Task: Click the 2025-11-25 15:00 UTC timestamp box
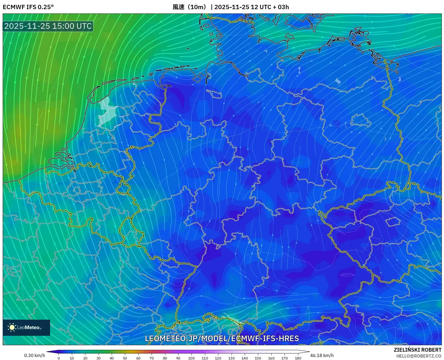click(x=48, y=26)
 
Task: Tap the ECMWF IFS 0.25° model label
click(x=28, y=7)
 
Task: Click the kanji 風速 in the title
click(x=179, y=7)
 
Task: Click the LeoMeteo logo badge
click(x=26, y=327)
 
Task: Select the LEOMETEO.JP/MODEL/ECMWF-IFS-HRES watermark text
click(x=222, y=338)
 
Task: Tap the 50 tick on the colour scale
click(x=125, y=358)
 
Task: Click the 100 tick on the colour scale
click(x=191, y=358)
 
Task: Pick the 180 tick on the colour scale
click(x=298, y=358)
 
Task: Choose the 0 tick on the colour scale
click(x=59, y=358)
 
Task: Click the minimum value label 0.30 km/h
click(x=35, y=355)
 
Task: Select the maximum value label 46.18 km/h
click(x=322, y=355)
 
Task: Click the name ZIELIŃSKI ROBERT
click(x=418, y=350)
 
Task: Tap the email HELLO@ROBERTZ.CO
click(x=419, y=356)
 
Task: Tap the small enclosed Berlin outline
click(x=361, y=120)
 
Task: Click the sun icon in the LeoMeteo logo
click(x=12, y=327)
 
